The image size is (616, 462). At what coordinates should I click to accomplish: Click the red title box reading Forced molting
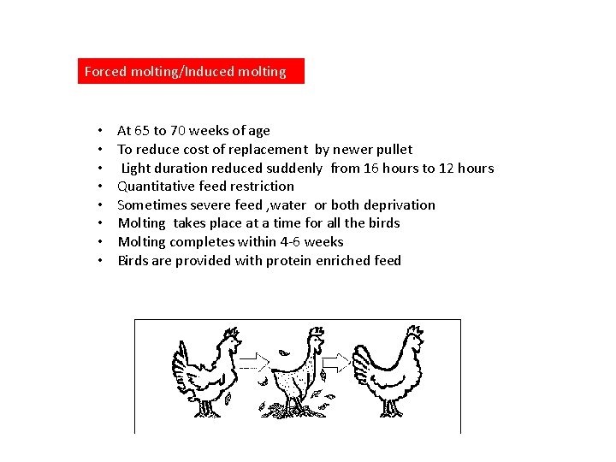(x=191, y=71)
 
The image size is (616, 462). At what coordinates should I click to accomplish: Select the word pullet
(x=394, y=150)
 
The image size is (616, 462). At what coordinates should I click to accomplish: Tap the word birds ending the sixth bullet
(x=384, y=223)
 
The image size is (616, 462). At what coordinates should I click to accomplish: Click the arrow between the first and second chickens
(x=254, y=363)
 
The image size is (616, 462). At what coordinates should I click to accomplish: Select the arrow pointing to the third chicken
(x=336, y=362)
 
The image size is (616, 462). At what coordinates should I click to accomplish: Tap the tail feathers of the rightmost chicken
(x=362, y=365)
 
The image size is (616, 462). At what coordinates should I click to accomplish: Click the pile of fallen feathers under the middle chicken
(x=293, y=410)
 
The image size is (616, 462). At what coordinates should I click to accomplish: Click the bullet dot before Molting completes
(x=100, y=241)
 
